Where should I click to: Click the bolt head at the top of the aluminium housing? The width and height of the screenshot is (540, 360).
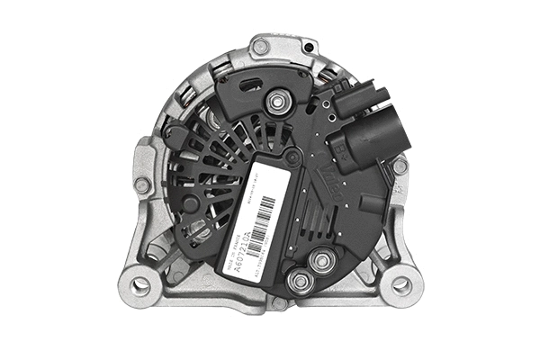click(260, 46)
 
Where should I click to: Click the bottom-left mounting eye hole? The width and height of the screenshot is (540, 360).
click(140, 285)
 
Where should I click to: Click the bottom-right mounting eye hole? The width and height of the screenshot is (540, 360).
click(401, 285)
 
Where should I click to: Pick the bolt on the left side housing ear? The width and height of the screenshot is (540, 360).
click(142, 184)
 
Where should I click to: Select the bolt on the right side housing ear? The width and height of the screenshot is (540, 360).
click(399, 166)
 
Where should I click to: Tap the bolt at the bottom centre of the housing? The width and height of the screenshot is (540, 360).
click(279, 303)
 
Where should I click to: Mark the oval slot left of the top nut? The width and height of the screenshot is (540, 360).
click(248, 87)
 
